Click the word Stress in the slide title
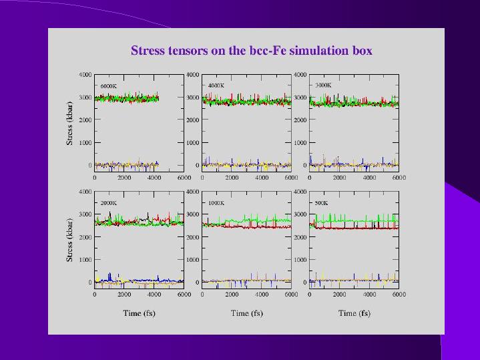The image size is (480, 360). [x=147, y=51]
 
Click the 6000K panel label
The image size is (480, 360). [x=109, y=85]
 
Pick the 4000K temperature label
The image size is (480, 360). [x=216, y=85]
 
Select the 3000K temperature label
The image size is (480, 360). [x=323, y=85]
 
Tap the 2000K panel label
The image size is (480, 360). [x=109, y=203]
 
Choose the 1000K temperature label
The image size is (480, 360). [x=216, y=203]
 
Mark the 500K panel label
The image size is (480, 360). [x=322, y=203]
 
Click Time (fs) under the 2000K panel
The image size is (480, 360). [x=139, y=313]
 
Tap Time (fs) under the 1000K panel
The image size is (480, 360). [x=246, y=313]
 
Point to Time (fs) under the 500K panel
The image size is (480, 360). [x=354, y=313]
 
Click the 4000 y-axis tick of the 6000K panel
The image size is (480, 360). [x=85, y=74]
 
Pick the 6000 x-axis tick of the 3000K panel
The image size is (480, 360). [x=399, y=178]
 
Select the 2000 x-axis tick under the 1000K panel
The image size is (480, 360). [x=232, y=295]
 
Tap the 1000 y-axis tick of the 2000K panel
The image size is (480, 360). [x=85, y=259]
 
